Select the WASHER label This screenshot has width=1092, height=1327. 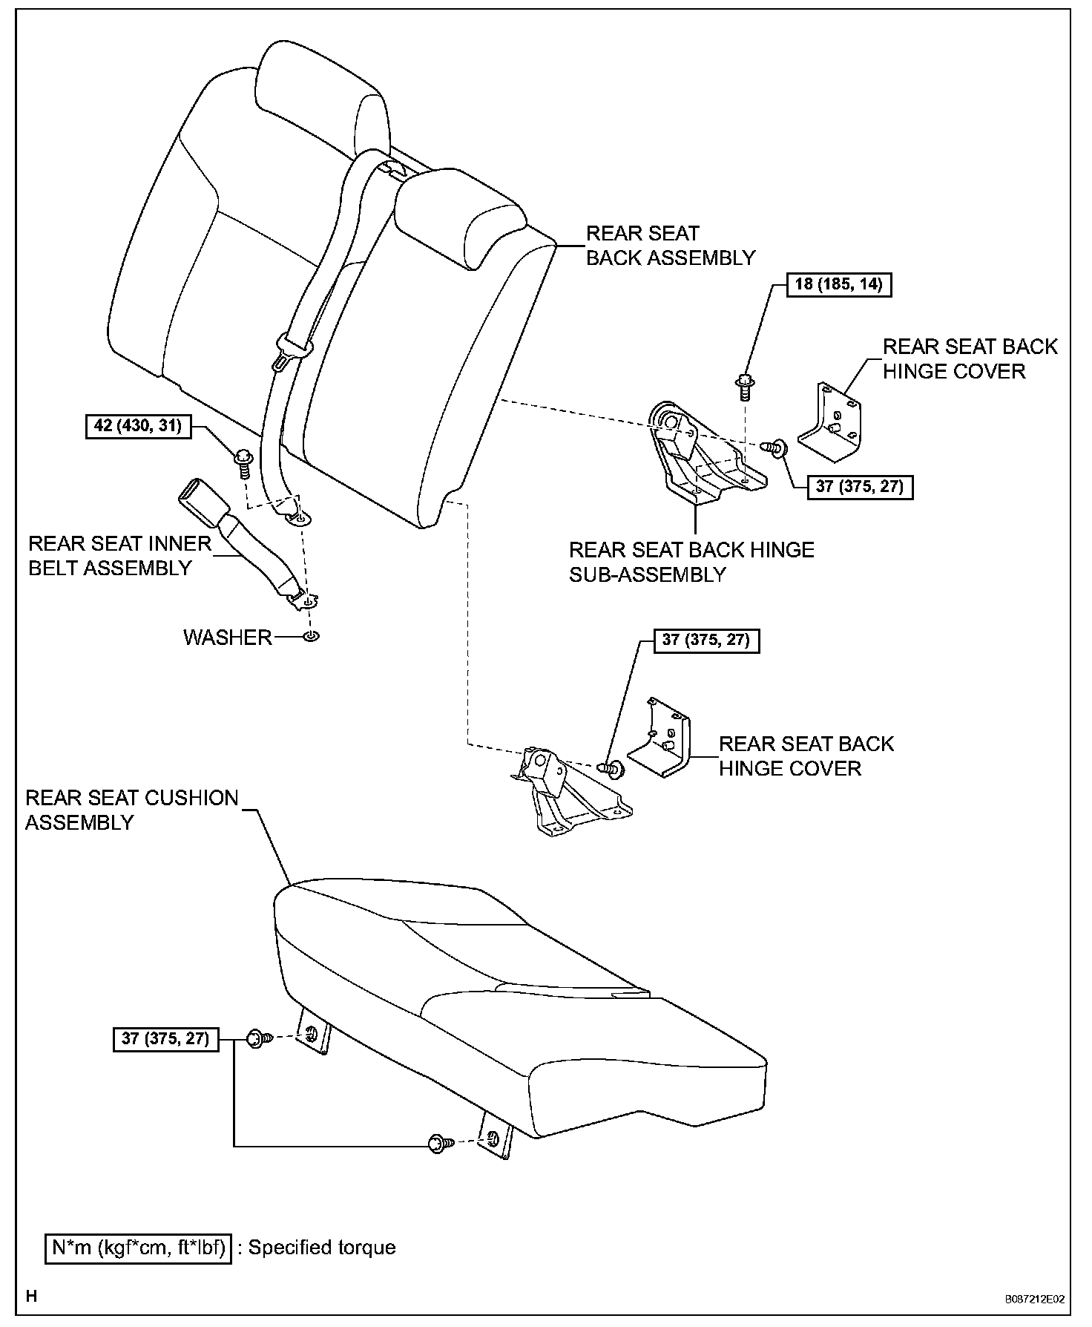click(x=228, y=638)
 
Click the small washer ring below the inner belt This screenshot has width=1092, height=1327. click(x=312, y=637)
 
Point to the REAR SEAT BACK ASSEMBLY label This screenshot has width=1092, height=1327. click(x=670, y=246)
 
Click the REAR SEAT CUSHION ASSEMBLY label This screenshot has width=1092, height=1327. click(x=131, y=810)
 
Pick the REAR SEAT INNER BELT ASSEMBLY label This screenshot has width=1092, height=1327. click(x=119, y=555)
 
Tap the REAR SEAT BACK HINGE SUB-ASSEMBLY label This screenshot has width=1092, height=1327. click(x=691, y=562)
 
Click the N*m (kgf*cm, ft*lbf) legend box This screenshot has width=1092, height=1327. click(x=139, y=1248)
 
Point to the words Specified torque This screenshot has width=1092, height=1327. click(x=321, y=1248)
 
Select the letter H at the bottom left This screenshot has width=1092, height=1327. click(x=32, y=1297)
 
